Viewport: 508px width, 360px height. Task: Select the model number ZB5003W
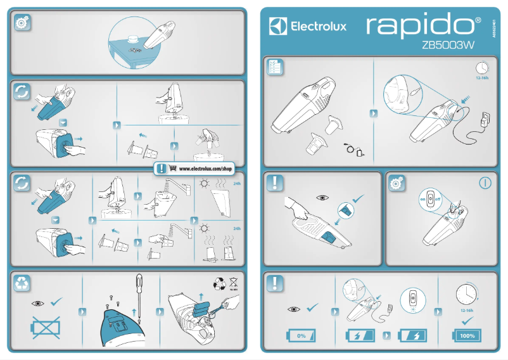[x=448, y=46]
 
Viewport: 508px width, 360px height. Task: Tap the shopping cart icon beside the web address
[x=172, y=169]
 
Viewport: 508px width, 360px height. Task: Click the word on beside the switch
[x=422, y=199]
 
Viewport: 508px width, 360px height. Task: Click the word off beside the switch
[x=437, y=199]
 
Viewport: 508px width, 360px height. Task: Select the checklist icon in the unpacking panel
[x=275, y=68]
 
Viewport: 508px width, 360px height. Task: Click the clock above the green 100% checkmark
[x=467, y=294]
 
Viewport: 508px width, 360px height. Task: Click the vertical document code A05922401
[x=495, y=29]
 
